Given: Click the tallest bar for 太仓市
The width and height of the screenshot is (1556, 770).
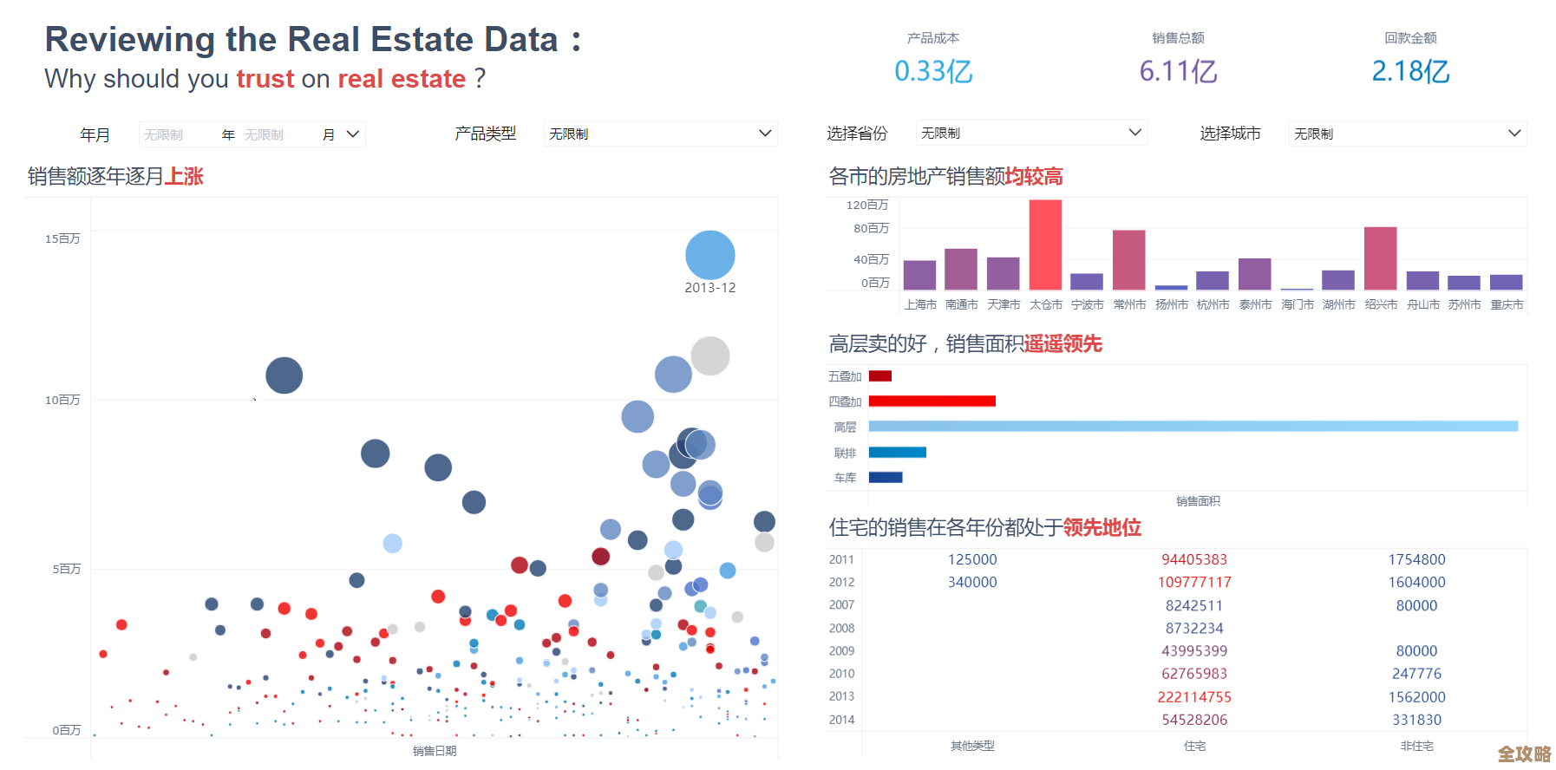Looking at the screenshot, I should point(1045,245).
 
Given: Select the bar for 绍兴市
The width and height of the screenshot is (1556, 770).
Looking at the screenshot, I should point(1380,258).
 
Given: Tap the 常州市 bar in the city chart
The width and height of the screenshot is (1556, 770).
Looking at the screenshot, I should point(1128,259).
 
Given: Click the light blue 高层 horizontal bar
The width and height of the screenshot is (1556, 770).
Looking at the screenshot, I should point(1193,426).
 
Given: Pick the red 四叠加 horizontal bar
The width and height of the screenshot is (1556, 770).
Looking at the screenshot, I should point(932,401).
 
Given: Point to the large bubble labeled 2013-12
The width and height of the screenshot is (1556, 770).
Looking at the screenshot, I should point(709,255).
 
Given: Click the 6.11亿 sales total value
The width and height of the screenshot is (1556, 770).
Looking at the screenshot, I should point(1178,71).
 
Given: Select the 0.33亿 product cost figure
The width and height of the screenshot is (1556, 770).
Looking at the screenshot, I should point(933,71).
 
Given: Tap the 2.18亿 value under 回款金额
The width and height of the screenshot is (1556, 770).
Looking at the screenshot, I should point(1410,71).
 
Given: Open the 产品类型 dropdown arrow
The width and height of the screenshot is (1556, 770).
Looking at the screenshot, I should point(765,134).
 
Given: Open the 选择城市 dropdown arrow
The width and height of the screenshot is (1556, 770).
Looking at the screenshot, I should point(1514,134).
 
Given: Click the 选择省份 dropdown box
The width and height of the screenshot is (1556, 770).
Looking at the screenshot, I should point(1031,133).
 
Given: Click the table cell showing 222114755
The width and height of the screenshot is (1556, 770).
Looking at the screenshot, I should point(1194,697).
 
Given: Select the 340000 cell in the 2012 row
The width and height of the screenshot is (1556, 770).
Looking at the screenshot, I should point(972,583).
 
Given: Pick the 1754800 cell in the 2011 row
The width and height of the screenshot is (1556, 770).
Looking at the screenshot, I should point(1416,560).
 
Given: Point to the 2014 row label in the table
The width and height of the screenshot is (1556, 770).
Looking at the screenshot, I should point(841,720).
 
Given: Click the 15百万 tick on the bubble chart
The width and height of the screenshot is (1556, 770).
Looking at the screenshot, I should point(62,238).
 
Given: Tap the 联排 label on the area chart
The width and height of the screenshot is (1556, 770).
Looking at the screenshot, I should point(845,453).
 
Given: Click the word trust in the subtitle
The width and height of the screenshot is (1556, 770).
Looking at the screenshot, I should point(265,79).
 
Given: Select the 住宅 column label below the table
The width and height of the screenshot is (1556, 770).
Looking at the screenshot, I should point(1194,746).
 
